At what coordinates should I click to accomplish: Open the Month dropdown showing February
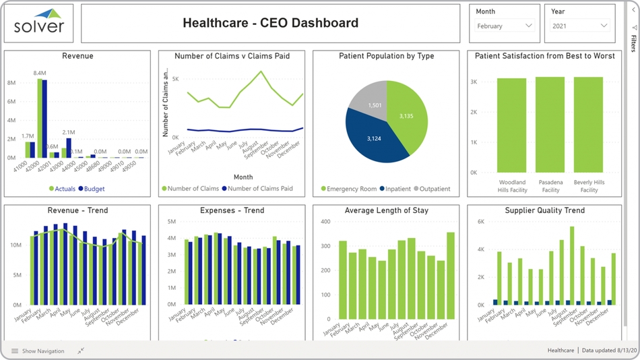[x=505, y=26]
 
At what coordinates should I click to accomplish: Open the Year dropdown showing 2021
[x=580, y=26]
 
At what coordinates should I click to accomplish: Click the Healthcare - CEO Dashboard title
[x=270, y=24]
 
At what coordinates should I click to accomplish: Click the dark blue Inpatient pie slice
[x=372, y=139]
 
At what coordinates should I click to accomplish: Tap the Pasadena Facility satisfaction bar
[x=550, y=125]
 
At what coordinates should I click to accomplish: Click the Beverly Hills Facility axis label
[x=588, y=186]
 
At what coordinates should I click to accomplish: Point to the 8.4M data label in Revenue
[x=39, y=73]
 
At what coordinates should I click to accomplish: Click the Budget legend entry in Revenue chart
[x=91, y=189]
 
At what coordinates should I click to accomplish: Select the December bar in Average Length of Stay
[x=450, y=275]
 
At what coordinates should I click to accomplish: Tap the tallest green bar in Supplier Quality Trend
[x=572, y=266]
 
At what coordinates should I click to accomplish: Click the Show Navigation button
[x=38, y=351]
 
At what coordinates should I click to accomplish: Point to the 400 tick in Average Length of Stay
[x=325, y=222]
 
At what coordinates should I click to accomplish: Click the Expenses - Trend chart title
[x=231, y=211]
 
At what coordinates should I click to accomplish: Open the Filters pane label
[x=634, y=42]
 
